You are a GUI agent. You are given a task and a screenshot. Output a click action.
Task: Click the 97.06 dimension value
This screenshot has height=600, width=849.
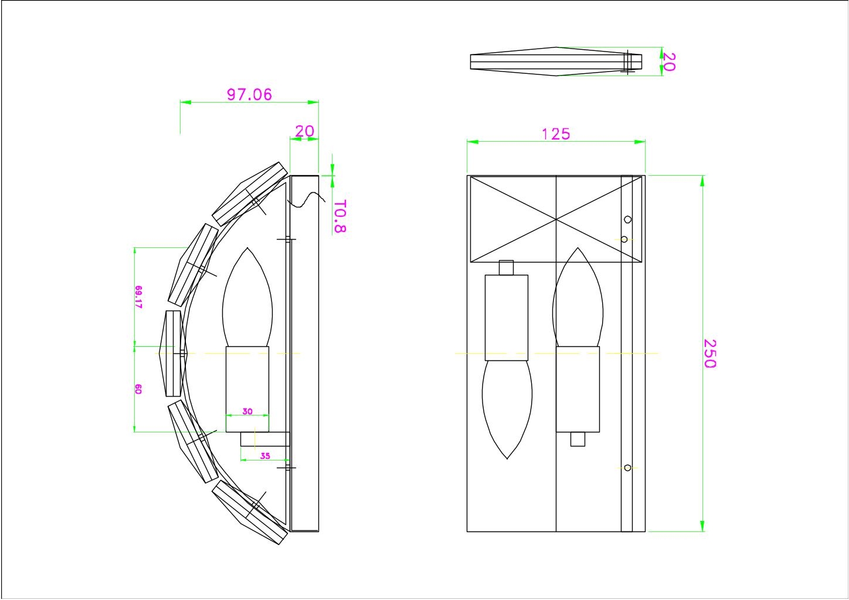coord(249,95)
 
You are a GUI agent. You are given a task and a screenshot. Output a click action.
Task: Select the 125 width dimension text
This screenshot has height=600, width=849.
coord(556,134)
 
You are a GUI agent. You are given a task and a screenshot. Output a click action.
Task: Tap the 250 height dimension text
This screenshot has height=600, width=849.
coord(709,353)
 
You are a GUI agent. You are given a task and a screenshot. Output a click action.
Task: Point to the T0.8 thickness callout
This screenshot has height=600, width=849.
coord(339,216)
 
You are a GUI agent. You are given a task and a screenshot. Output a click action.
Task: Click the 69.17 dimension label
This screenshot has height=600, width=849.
coord(139,297)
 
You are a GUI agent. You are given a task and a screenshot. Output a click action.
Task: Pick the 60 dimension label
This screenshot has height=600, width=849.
coord(138,389)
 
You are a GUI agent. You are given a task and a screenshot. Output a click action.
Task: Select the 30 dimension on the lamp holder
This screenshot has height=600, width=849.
coord(247,411)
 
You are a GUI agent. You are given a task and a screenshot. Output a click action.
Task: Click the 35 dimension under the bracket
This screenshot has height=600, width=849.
coord(265,456)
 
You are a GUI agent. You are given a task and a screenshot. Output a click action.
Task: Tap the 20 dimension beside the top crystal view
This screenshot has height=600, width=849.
coord(670,62)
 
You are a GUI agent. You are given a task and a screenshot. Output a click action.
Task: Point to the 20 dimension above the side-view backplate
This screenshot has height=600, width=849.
coord(305,131)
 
